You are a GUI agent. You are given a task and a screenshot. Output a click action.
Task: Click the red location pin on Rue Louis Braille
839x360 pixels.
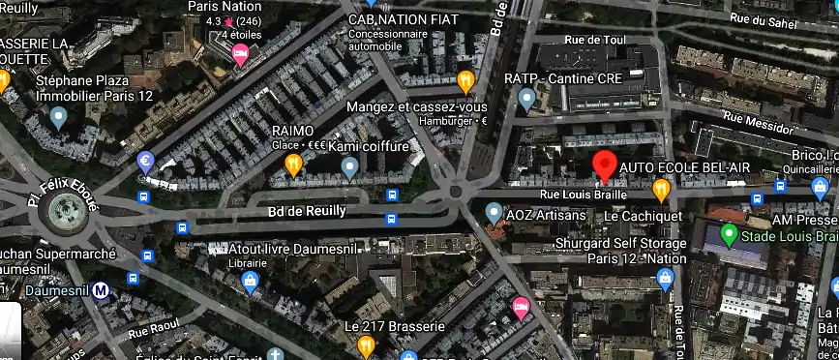pyautogui.click(x=605, y=165)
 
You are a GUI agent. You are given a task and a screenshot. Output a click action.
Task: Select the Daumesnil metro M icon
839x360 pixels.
pyautogui.click(x=101, y=289)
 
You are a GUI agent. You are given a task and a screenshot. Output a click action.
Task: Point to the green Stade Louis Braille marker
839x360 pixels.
pyautogui.click(x=728, y=235)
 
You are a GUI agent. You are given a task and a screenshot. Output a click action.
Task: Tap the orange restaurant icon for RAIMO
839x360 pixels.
pyautogui.click(x=293, y=166)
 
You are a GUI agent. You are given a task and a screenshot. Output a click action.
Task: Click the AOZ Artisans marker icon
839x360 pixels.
pyautogui.click(x=494, y=211)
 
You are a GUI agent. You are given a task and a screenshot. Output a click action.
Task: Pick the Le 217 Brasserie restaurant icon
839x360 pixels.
pyautogui.click(x=366, y=345)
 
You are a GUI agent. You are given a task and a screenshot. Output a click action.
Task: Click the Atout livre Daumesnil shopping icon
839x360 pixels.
pyautogui.click(x=250, y=282)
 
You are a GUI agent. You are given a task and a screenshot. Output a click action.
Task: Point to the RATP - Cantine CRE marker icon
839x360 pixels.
pyautogui.click(x=526, y=98)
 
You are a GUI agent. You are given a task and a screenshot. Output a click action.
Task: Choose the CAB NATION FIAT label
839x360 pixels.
pyautogui.click(x=403, y=18)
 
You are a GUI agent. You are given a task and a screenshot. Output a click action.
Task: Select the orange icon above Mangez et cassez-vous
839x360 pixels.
pyautogui.click(x=465, y=80)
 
